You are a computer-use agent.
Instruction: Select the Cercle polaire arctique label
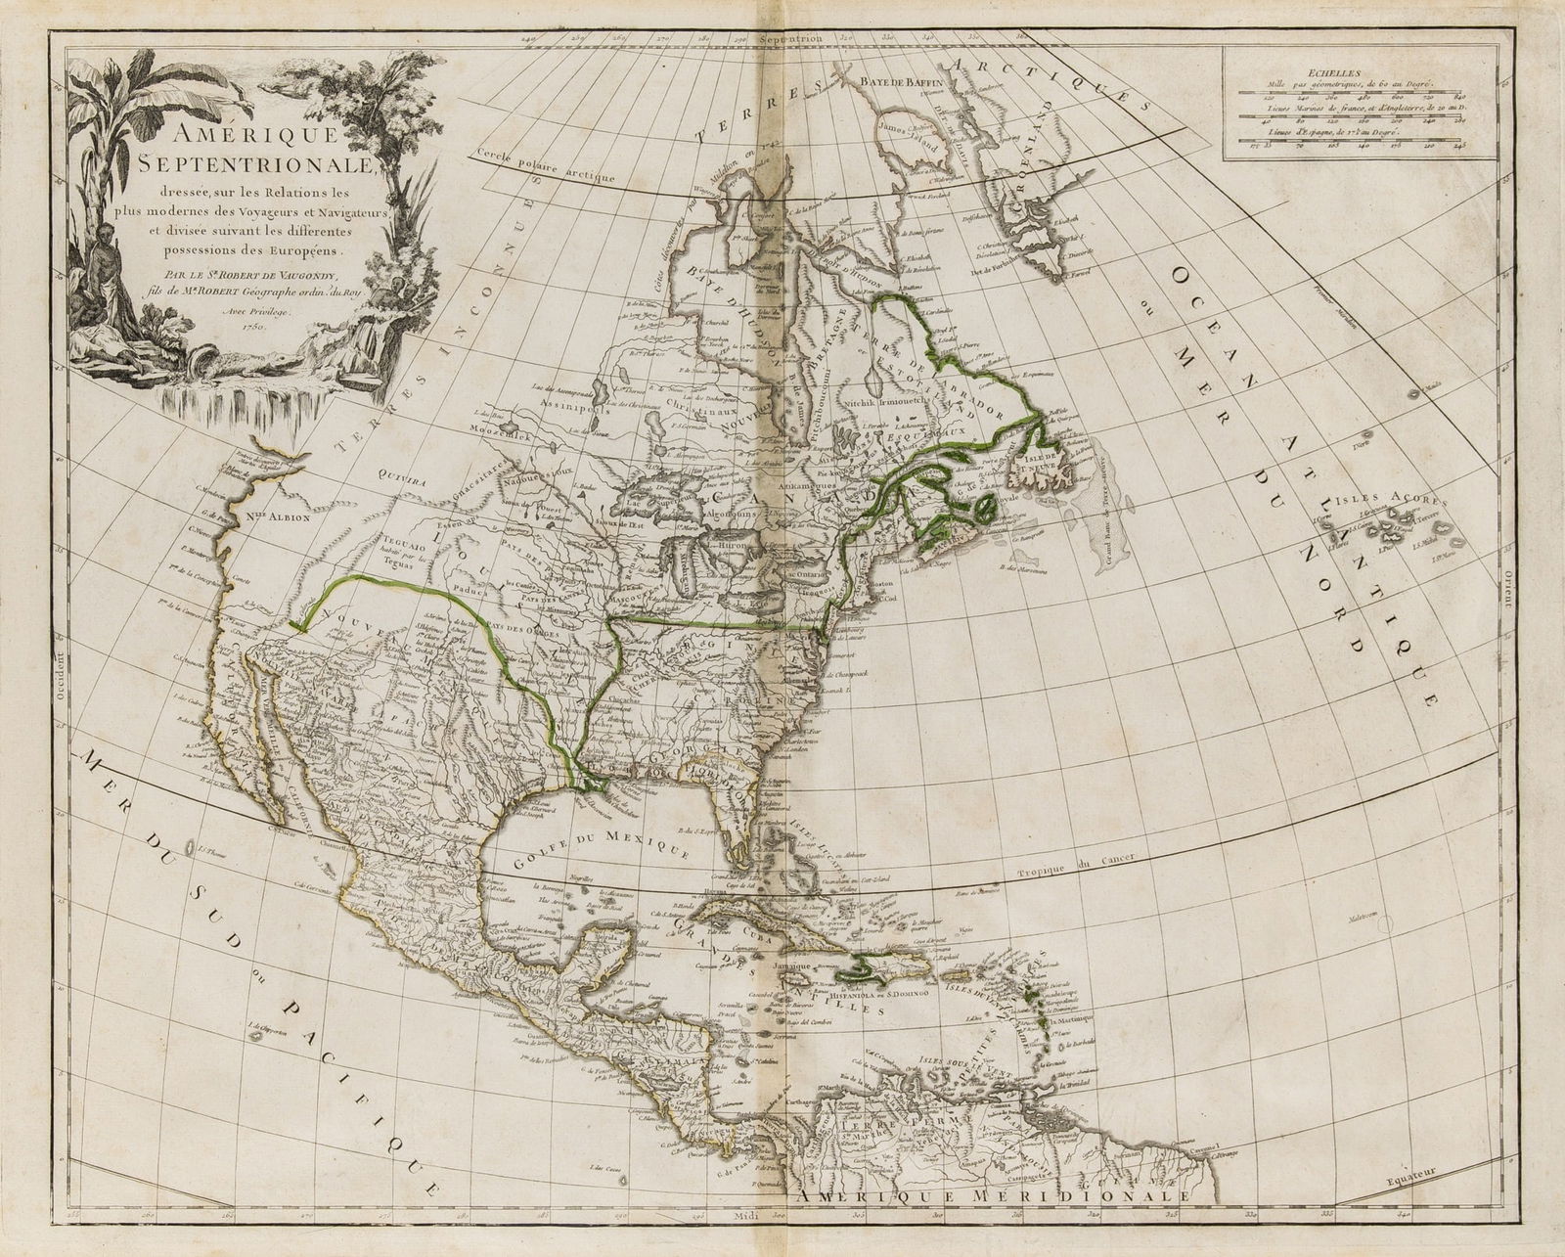[x=545, y=162]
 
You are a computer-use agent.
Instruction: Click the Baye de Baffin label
[x=899, y=80]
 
